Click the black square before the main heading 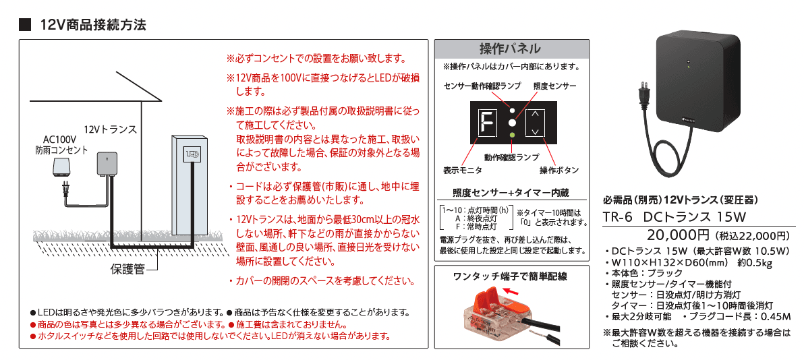26,25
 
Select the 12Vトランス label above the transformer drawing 111,129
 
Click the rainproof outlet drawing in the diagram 62,169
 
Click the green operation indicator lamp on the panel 512,136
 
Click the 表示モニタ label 462,170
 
